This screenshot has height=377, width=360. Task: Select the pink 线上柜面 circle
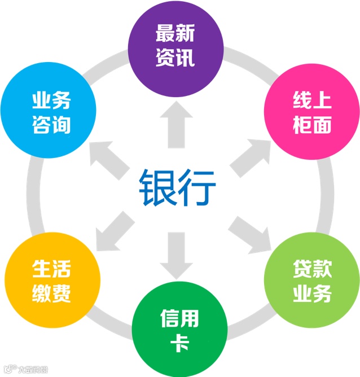(x=311, y=113)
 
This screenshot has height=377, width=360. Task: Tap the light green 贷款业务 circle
(x=312, y=280)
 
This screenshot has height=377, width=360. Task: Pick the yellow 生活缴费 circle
(x=51, y=280)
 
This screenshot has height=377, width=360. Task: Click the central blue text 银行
(x=178, y=188)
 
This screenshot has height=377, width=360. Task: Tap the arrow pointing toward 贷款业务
(x=249, y=232)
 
